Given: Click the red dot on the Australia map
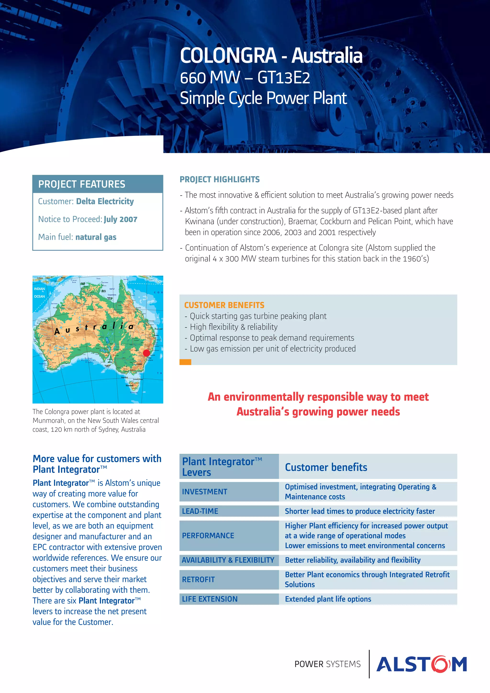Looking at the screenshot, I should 146,353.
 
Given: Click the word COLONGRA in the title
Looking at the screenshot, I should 228,55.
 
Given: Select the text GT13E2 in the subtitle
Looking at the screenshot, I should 284,78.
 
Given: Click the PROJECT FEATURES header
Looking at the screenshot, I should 82,184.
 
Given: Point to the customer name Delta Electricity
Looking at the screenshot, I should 105,201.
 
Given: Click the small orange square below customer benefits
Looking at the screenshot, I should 185,362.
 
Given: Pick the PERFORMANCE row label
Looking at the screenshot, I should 208,535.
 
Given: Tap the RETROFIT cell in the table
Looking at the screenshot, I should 198,580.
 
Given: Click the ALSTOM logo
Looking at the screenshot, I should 422,664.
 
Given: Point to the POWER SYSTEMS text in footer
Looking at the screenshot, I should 327,664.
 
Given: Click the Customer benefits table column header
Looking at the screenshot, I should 326,467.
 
